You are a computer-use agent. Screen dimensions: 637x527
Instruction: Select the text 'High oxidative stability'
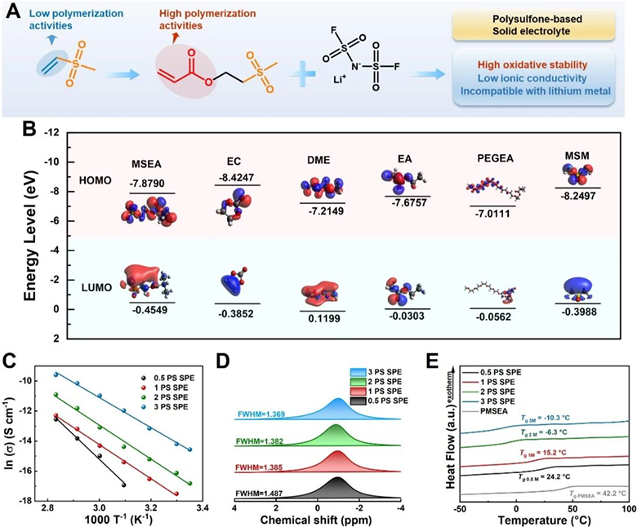tap(532, 65)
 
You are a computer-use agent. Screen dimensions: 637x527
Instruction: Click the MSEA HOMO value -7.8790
tap(147, 184)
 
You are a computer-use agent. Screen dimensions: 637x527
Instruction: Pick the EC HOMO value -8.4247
tap(237, 177)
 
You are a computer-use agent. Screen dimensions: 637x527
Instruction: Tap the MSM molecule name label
tap(577, 156)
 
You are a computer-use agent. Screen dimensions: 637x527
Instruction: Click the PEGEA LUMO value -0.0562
tap(493, 317)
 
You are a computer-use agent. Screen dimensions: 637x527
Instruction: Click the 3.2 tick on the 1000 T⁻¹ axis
tap(151, 507)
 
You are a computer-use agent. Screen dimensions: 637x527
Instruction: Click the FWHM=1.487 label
tap(259, 494)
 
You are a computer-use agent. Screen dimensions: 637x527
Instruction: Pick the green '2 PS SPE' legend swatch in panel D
tap(359, 382)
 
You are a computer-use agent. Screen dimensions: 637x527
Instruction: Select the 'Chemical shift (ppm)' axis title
tap(316, 520)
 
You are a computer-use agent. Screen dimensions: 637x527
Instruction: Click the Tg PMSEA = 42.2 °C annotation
tap(598, 494)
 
